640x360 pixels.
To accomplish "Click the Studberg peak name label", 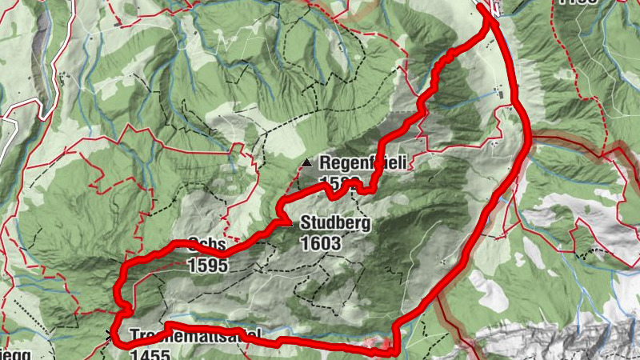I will (335, 224).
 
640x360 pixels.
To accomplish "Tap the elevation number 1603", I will (322, 242).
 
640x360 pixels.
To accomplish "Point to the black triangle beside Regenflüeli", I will (306, 164).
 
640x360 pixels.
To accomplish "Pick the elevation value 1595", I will (209, 264).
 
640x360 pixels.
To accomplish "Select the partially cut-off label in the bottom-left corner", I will (14, 352).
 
